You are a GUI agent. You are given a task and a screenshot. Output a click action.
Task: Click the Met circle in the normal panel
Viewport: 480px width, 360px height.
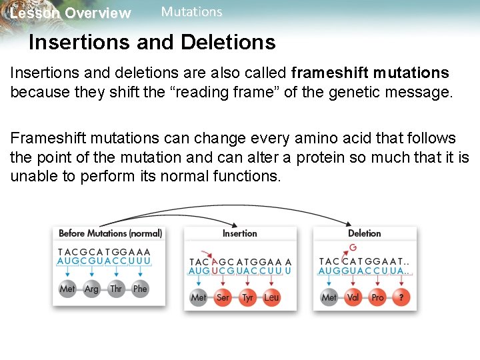tap(67, 289)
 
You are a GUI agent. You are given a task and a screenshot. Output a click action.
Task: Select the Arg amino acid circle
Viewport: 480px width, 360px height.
tap(91, 289)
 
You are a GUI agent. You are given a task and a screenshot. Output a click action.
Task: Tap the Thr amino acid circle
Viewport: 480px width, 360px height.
tap(116, 289)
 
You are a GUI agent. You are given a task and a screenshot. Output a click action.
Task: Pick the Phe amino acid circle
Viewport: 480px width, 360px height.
tap(140, 289)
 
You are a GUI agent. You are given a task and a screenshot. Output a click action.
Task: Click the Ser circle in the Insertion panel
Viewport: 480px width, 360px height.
tap(223, 297)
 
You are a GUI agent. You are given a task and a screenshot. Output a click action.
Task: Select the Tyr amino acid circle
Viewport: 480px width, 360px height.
tap(247, 297)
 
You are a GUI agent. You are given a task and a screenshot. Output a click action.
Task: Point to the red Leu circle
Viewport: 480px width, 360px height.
tap(271, 297)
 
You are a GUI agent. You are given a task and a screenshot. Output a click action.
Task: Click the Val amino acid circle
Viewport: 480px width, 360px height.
tap(353, 297)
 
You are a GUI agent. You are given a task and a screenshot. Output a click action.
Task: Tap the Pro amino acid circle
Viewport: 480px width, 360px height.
tap(377, 297)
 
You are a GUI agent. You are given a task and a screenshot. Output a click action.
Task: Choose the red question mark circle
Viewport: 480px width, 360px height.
tap(401, 297)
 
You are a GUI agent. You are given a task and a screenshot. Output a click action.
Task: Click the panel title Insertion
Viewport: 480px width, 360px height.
tap(239, 233)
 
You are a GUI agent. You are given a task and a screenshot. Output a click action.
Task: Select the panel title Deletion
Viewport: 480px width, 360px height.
tap(365, 233)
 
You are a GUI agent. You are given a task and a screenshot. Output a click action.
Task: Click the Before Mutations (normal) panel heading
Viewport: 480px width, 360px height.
tap(110, 233)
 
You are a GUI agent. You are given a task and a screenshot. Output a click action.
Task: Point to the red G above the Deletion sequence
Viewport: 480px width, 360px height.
tap(353, 247)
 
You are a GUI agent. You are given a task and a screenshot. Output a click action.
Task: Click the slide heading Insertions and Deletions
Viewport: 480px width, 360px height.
tap(152, 43)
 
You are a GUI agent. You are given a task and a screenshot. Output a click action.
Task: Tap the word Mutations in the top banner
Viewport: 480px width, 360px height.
tap(191, 12)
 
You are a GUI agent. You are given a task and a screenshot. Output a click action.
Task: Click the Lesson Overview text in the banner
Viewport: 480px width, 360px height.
tap(71, 13)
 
